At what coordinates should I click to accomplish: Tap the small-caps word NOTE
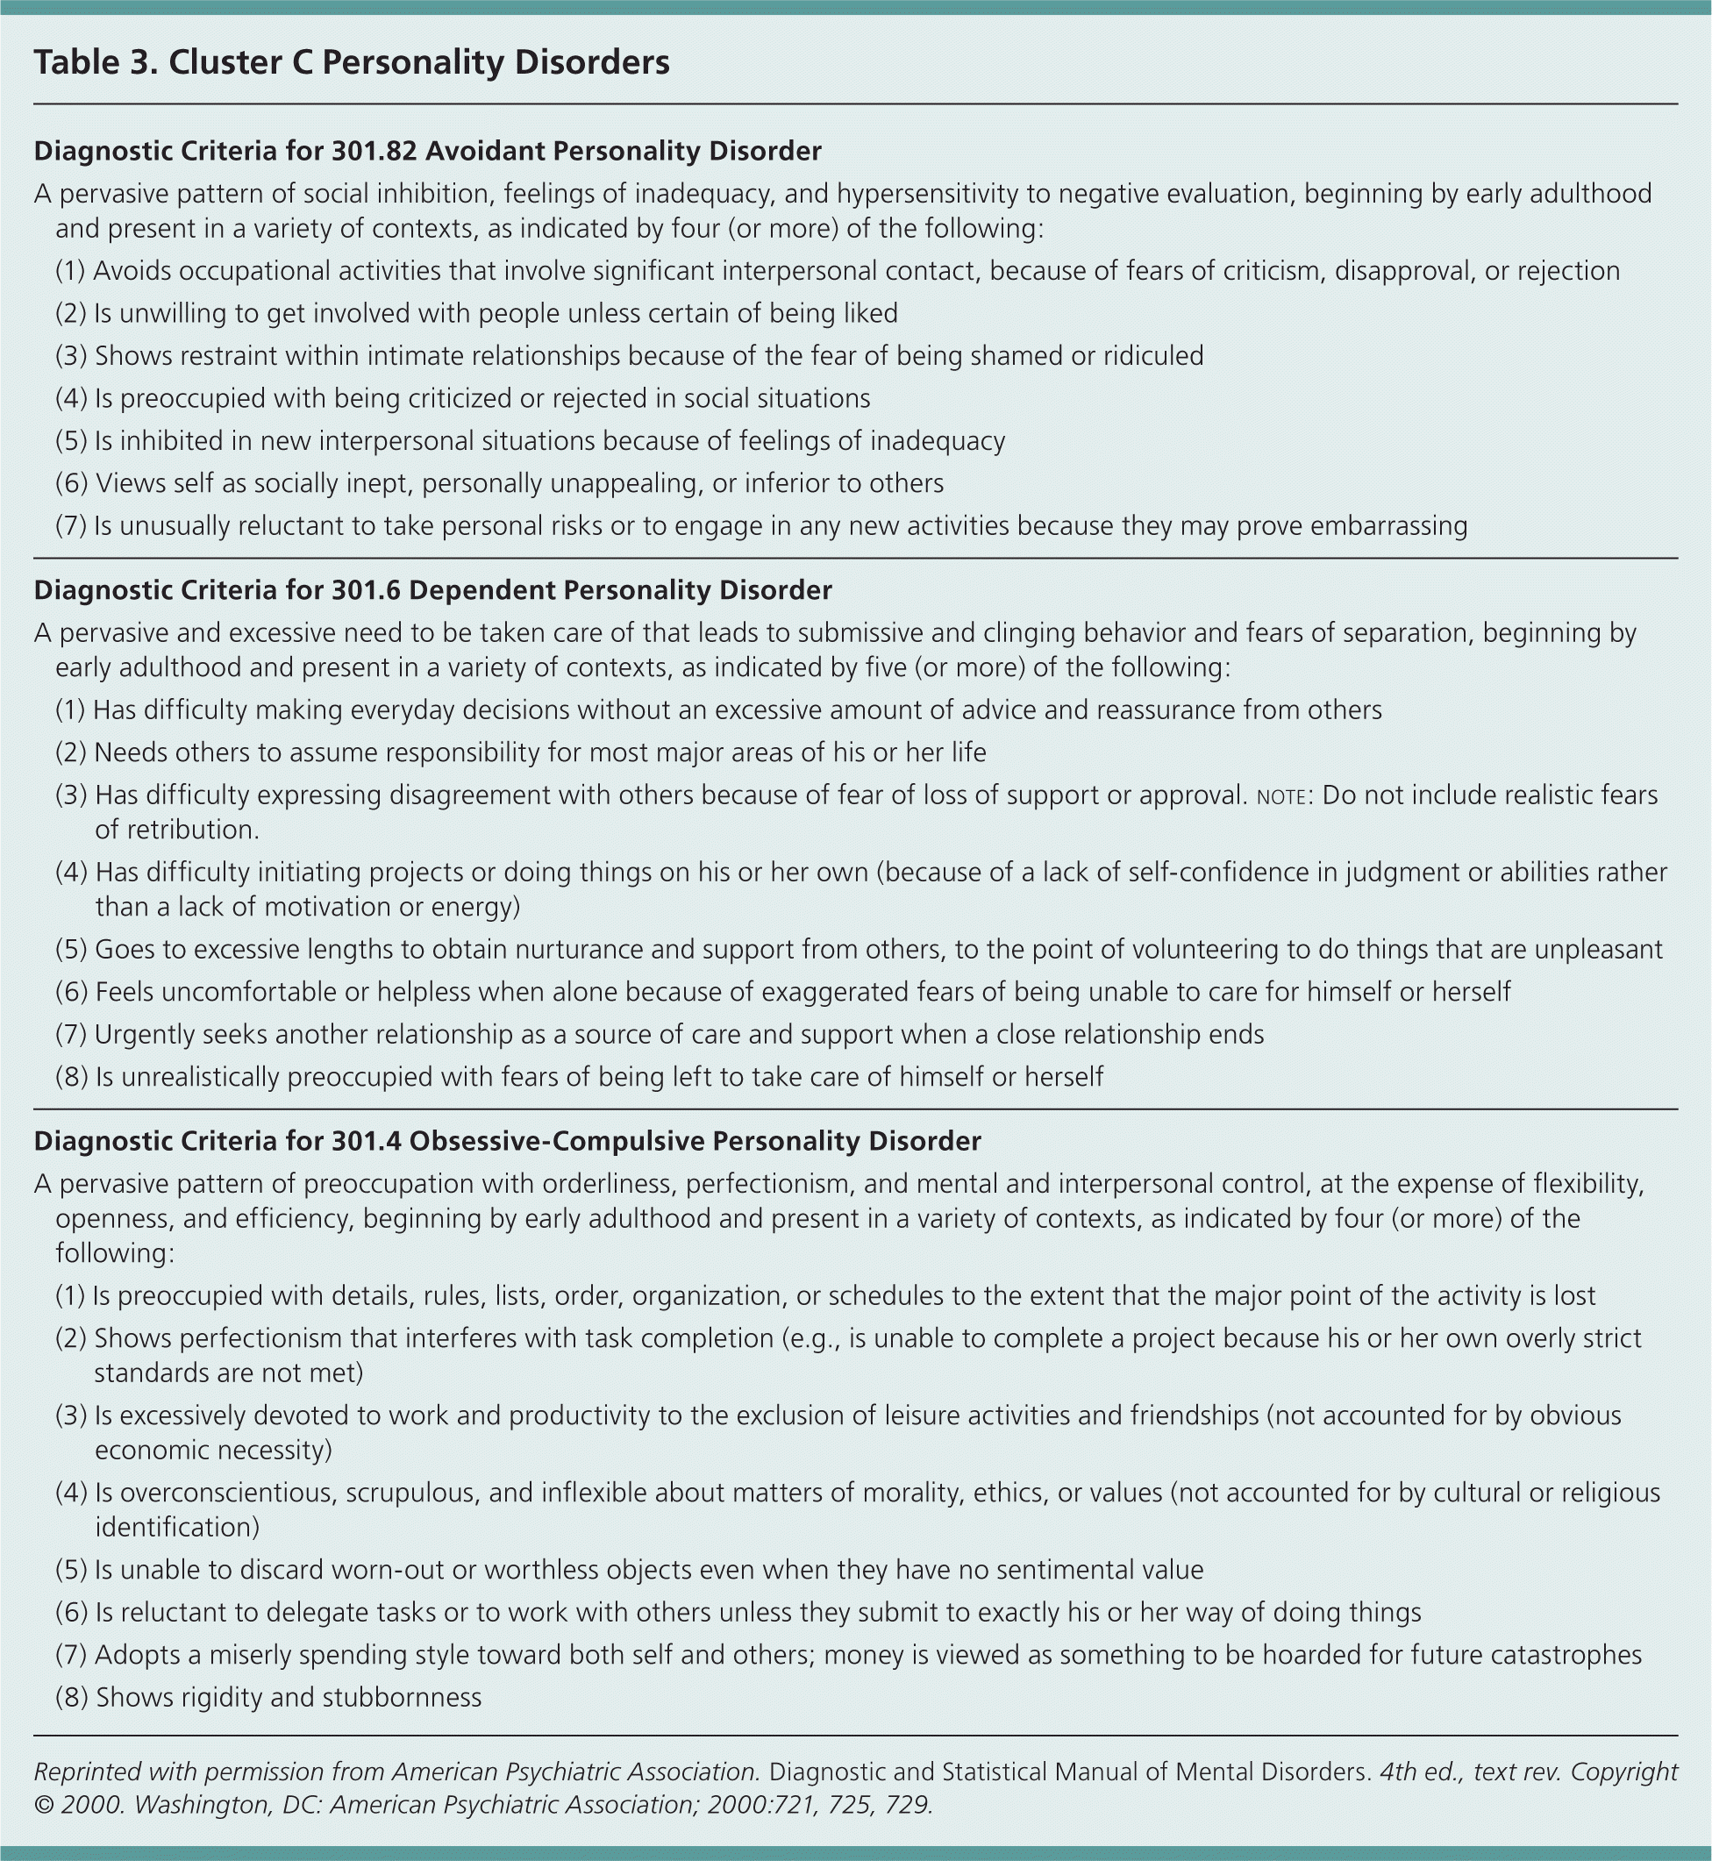coord(1281,796)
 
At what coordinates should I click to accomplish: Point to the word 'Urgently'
coord(139,1034)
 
